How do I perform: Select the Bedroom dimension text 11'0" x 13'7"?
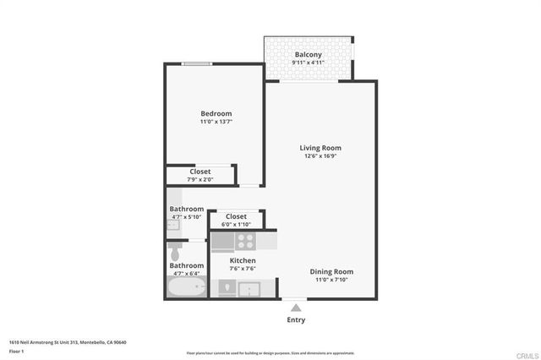[216, 123]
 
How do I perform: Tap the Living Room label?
[320, 148]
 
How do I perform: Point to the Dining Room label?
[331, 271]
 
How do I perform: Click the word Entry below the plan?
[295, 320]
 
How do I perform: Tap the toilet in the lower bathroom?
[176, 252]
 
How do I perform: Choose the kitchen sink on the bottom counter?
[250, 289]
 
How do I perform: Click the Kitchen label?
[243, 260]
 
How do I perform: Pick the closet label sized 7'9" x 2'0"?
[200, 172]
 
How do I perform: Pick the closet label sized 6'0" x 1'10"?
[236, 216]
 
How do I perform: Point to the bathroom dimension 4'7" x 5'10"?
[186, 217]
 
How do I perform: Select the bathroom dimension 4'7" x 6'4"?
[186, 274]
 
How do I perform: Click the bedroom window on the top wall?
[197, 63]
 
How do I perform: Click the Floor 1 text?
[17, 350]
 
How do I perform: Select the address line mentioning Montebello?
[68, 341]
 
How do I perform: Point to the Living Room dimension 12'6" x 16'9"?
[320, 156]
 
